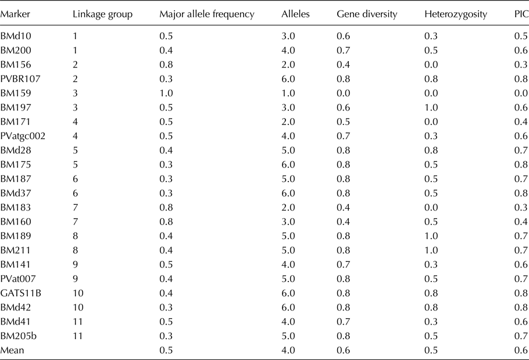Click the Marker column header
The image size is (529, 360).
pos(15,14)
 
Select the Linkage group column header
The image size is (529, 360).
pos(102,14)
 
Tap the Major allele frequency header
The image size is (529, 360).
pos(206,14)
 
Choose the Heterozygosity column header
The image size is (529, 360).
pos(455,14)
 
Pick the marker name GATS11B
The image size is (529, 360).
pos(22,293)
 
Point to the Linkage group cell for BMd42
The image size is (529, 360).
pos(78,307)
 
